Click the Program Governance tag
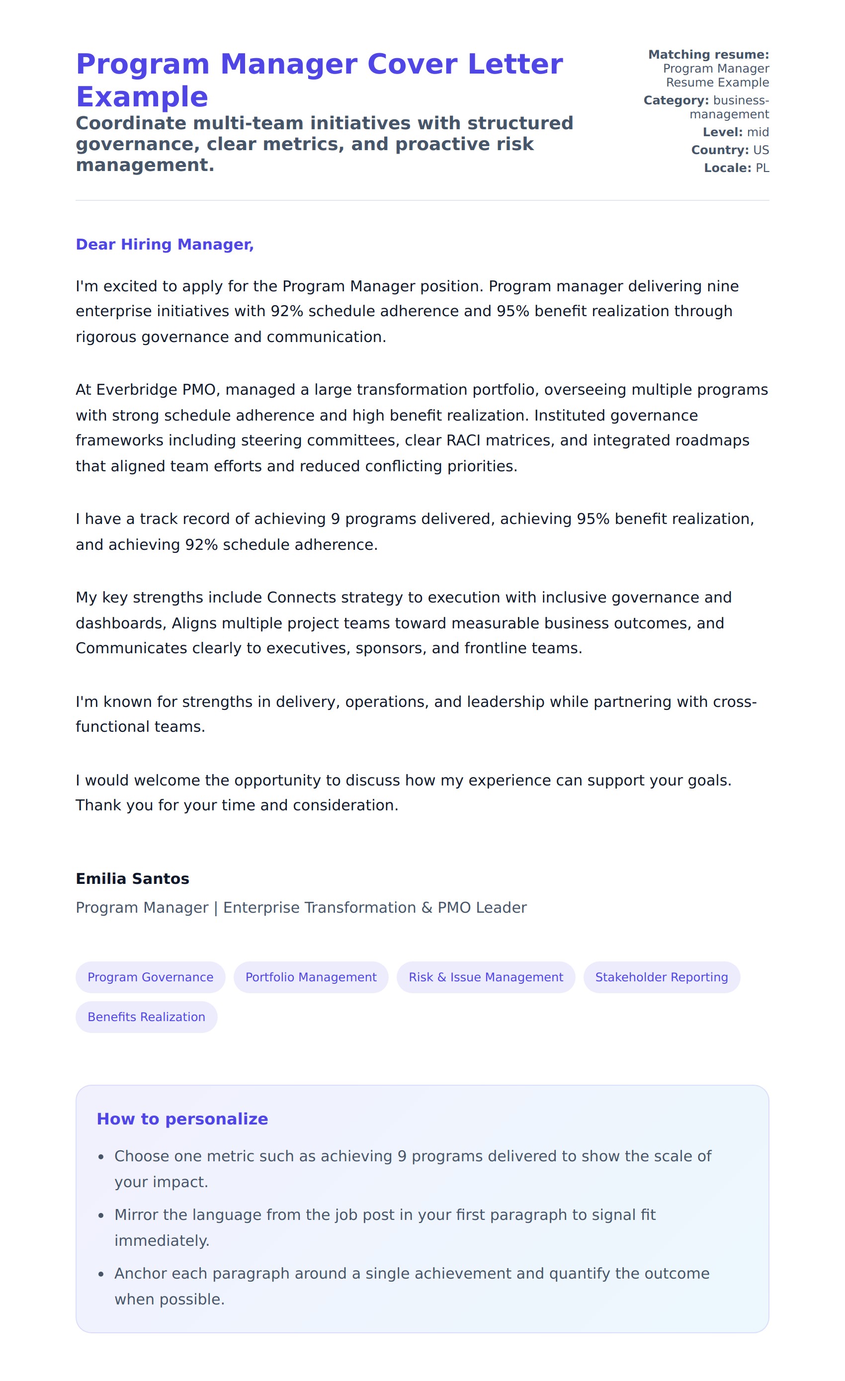click(x=150, y=977)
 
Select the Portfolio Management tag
click(x=311, y=977)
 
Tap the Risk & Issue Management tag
click(x=486, y=977)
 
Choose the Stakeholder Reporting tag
click(x=661, y=977)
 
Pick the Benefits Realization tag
click(x=146, y=1017)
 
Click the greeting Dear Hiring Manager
click(x=165, y=245)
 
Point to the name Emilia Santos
click(x=132, y=878)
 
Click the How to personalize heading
click(x=182, y=1119)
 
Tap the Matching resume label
click(x=708, y=54)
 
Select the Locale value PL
click(x=762, y=168)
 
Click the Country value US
click(x=761, y=150)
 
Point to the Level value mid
click(x=758, y=132)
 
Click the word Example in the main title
click(x=142, y=97)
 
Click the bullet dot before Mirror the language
click(x=101, y=1215)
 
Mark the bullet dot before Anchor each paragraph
click(x=101, y=1275)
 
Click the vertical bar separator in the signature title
click(x=216, y=908)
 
